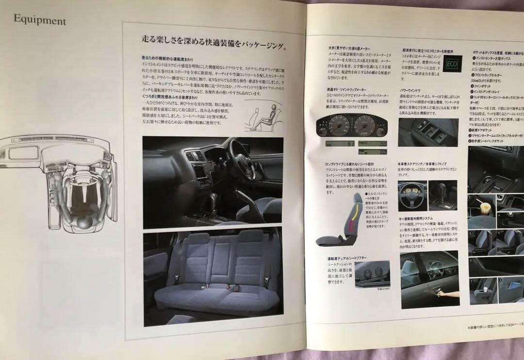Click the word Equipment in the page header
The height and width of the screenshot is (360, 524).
pyautogui.click(x=40, y=21)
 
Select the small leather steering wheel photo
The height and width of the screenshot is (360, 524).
pyautogui.click(x=412, y=196)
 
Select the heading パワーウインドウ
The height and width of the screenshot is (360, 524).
pyautogui.click(x=410, y=90)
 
